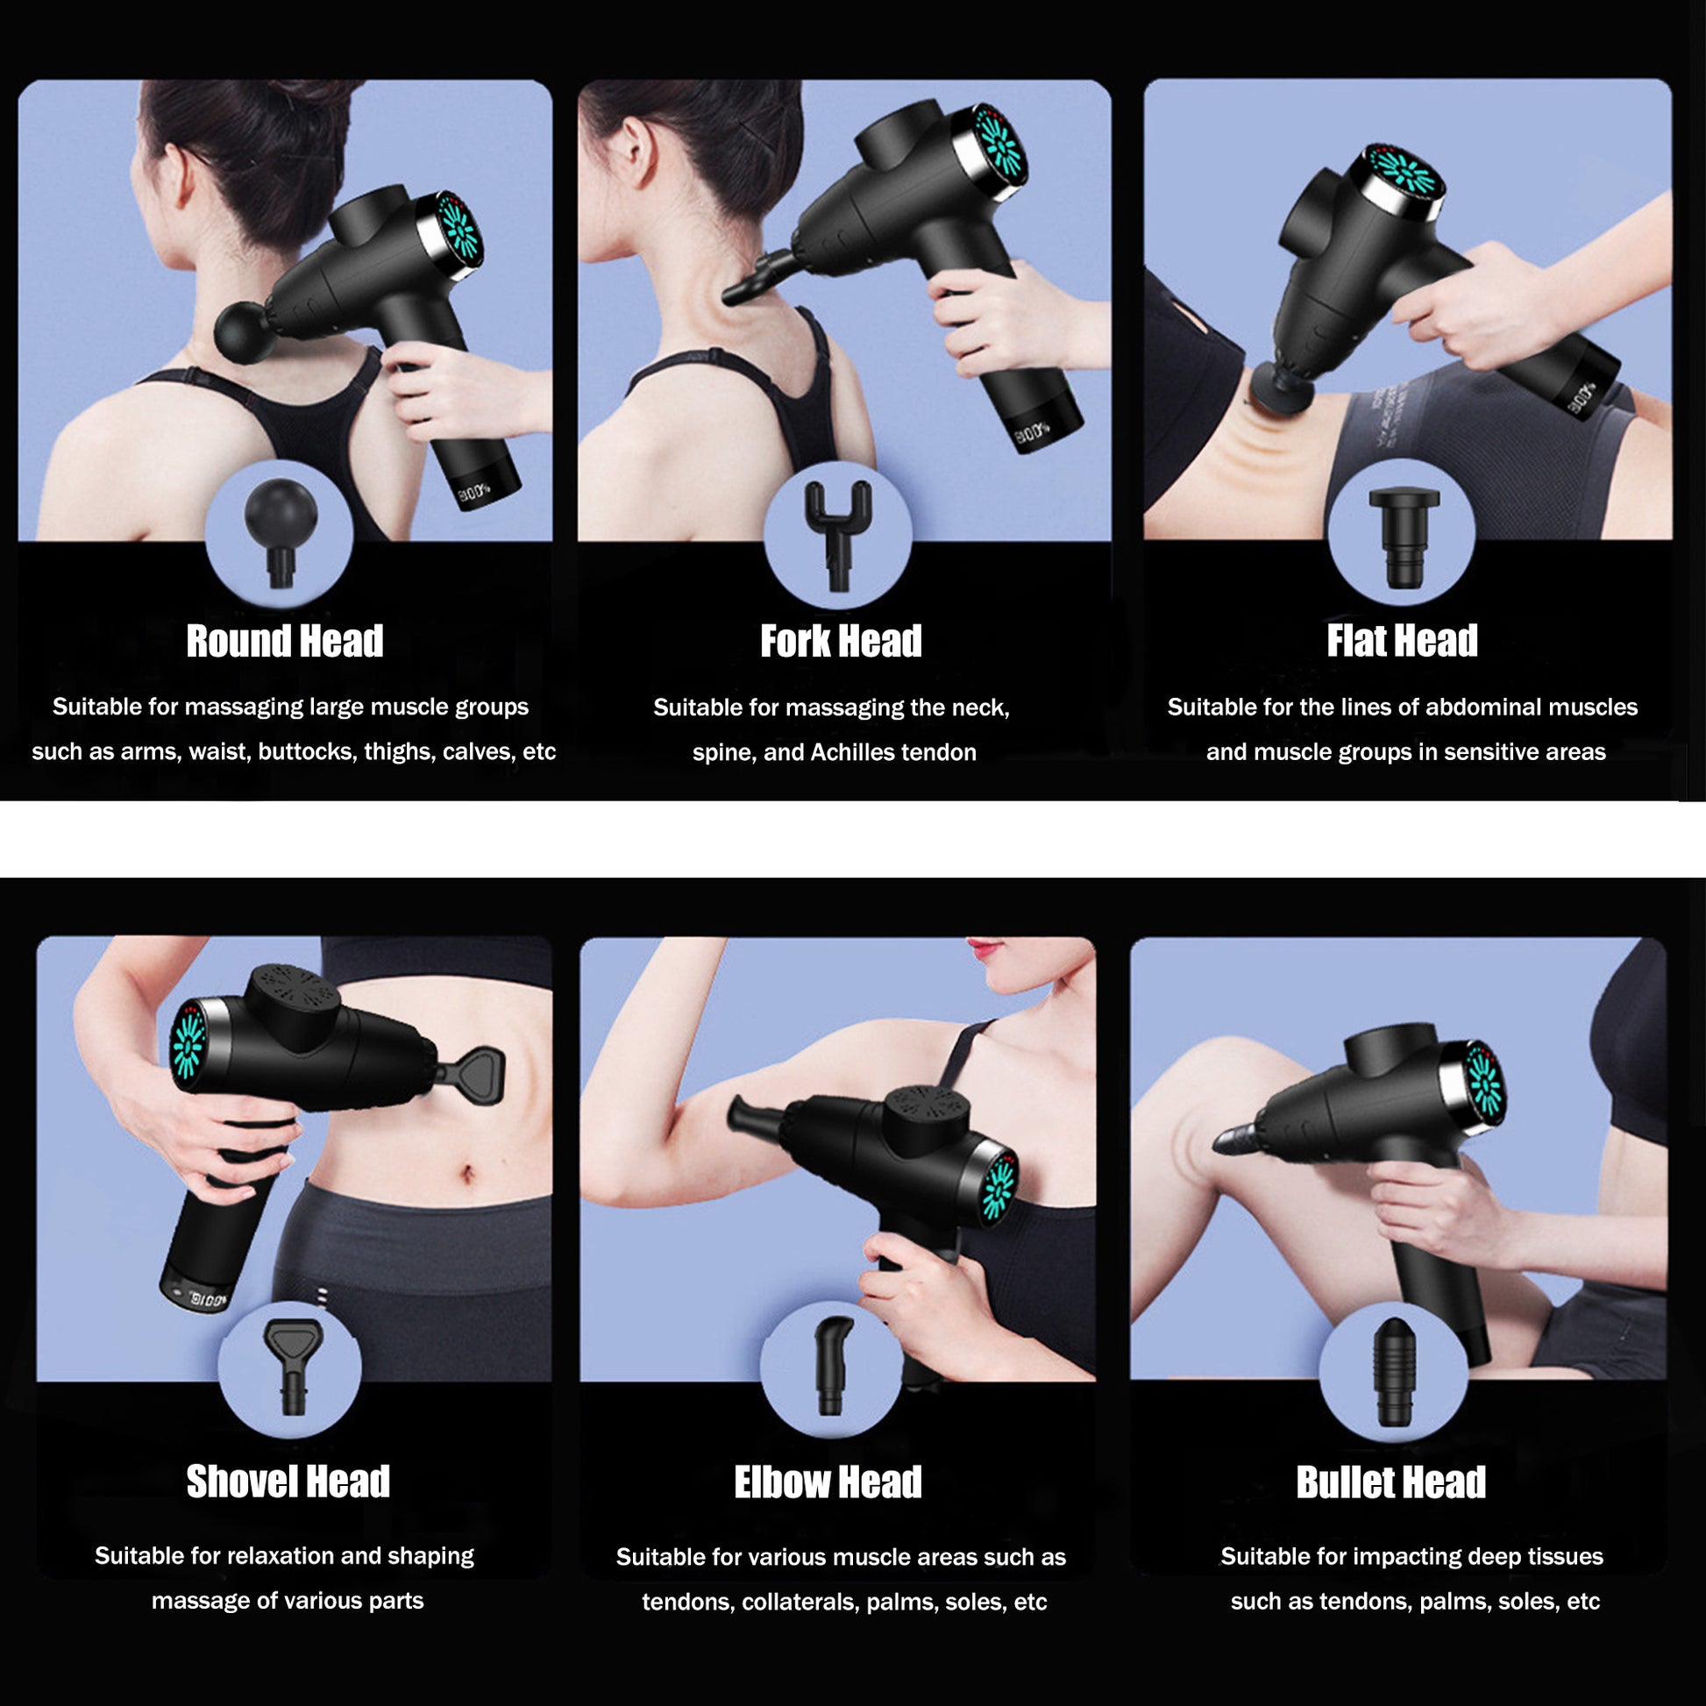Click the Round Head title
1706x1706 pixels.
pos(284,642)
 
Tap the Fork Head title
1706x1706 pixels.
pos(841,642)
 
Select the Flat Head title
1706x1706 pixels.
pos(1401,642)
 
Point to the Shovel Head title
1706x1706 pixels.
pos(288,1482)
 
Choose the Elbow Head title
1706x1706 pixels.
pos(828,1482)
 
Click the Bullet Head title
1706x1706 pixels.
pos(1390,1482)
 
